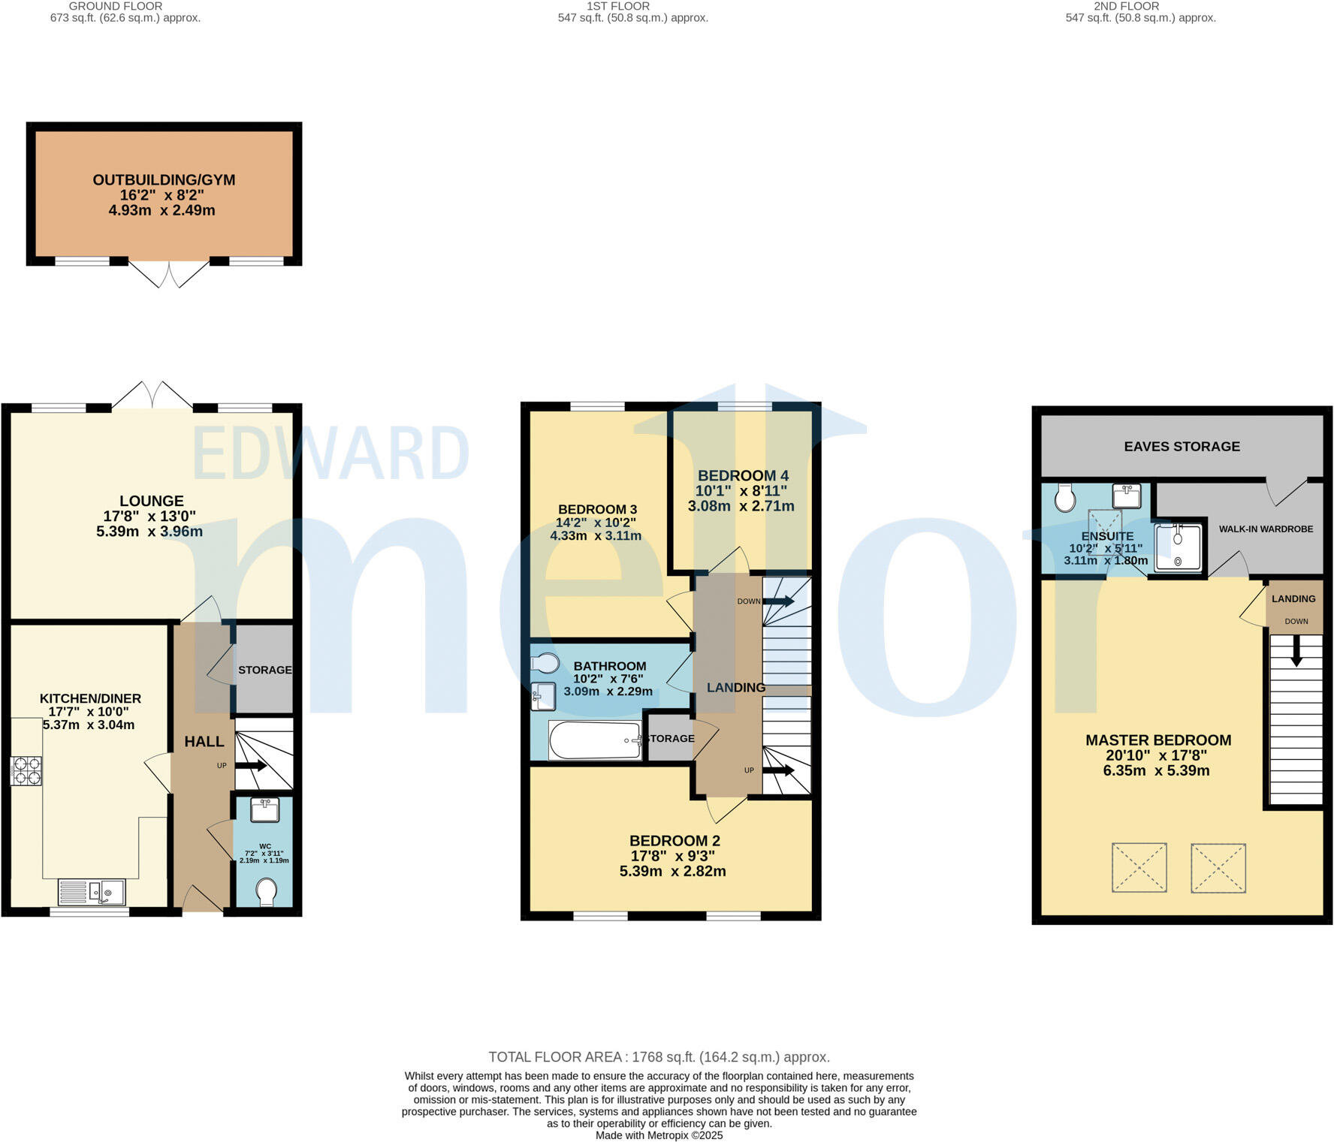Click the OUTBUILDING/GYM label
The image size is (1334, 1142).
pyautogui.click(x=164, y=180)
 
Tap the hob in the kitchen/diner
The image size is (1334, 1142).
pyautogui.click(x=26, y=771)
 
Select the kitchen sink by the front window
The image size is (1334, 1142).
pyautogui.click(x=92, y=892)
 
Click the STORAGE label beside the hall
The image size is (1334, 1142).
pyautogui.click(x=264, y=670)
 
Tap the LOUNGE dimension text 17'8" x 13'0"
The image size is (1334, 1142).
pyautogui.click(x=149, y=517)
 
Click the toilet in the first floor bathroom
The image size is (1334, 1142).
pyautogui.click(x=545, y=664)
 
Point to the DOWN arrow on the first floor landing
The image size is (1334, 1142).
pyautogui.click(x=778, y=601)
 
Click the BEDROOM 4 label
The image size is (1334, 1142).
pyautogui.click(x=742, y=475)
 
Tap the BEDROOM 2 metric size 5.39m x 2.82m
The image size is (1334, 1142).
pyautogui.click(x=672, y=871)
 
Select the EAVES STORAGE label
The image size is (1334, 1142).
pyautogui.click(x=1181, y=447)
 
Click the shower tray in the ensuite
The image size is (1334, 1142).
pyautogui.click(x=1177, y=547)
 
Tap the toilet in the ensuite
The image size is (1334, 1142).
pyautogui.click(x=1064, y=498)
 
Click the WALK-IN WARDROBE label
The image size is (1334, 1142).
pyautogui.click(x=1265, y=529)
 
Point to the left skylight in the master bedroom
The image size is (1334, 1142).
pyautogui.click(x=1139, y=867)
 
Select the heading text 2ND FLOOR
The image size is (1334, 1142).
pyautogui.click(x=1126, y=6)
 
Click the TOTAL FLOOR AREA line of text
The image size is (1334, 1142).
pyautogui.click(x=659, y=1057)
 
